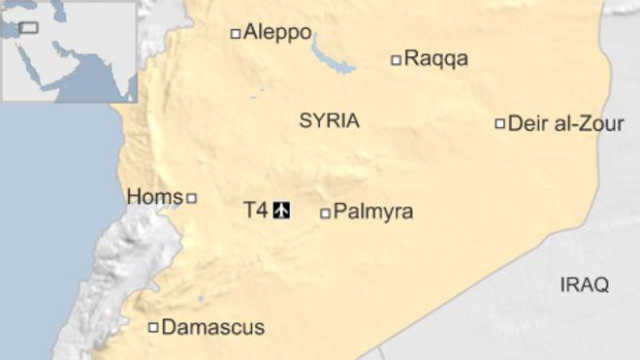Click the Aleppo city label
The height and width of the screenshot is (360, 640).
pos(277,33)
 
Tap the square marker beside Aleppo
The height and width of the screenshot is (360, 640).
pos(235,34)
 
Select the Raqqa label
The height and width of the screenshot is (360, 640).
pos(435,59)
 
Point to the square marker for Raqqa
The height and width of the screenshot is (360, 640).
pos(396,60)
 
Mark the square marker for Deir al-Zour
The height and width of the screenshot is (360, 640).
pos(500,123)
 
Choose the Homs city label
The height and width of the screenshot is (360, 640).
pos(154,197)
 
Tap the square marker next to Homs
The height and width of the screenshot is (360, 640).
pos(191,198)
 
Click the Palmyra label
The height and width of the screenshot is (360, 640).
pos(372,212)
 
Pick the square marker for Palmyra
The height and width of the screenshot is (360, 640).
pos(325,213)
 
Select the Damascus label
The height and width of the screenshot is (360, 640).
pos(212,328)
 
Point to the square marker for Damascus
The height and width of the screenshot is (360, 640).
pos(152,328)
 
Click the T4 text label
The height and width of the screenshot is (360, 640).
pos(255,209)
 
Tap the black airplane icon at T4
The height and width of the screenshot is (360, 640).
pos(282,209)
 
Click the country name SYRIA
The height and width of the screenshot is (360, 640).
pos(329,121)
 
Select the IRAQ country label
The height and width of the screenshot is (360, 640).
pos(585,284)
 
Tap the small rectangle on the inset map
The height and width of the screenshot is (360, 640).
pos(28,27)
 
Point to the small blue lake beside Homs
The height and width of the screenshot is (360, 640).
pos(174,205)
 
